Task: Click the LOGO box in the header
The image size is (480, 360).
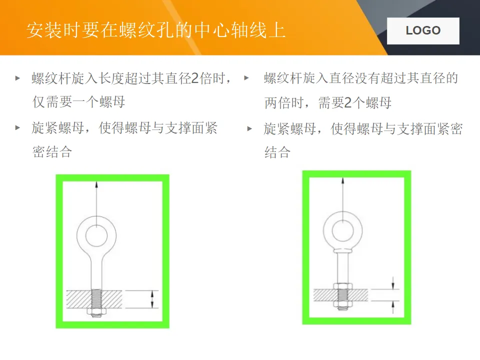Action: click(423, 30)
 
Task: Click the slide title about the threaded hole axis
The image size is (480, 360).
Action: click(156, 30)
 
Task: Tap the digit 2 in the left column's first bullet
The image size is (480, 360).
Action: click(194, 78)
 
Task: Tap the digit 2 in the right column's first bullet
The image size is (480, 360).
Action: click(348, 103)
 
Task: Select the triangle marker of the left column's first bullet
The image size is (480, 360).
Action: click(18, 78)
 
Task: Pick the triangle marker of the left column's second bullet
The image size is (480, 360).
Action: click(18, 127)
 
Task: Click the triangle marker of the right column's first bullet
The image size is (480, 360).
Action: click(246, 78)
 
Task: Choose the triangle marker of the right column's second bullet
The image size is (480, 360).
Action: click(249, 128)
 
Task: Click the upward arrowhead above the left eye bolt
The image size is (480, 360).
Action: click(96, 184)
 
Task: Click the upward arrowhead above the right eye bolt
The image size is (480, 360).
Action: click(343, 180)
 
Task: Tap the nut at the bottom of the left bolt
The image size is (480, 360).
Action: click(96, 311)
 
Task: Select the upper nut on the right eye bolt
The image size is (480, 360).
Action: click(343, 286)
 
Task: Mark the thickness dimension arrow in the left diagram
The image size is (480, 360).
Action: click(152, 299)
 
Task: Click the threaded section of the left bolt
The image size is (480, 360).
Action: click(96, 299)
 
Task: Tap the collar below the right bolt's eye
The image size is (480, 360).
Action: click(343, 251)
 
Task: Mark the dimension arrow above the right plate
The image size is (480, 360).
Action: click(393, 282)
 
